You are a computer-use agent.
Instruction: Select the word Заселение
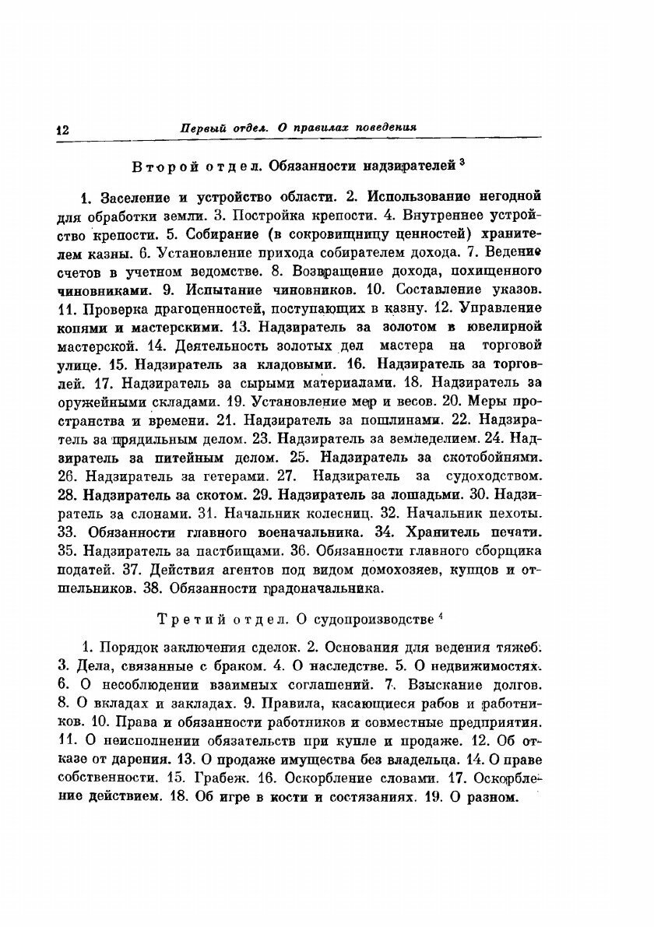coord(133,195)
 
